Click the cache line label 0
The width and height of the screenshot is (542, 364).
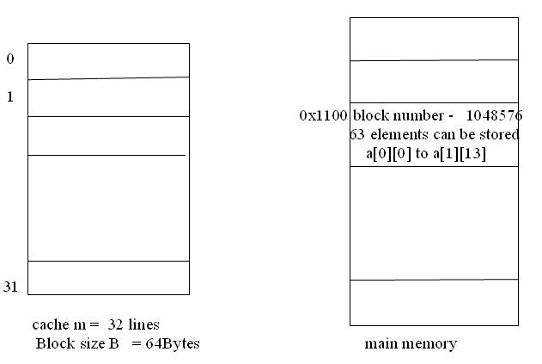tap(10, 59)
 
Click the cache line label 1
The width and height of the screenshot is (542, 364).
tap(10, 97)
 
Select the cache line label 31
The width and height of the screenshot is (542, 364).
tap(10, 287)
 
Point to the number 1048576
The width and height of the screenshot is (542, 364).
tap(492, 115)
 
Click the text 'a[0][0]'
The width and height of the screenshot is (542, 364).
tap(386, 153)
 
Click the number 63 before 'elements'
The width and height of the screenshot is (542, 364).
tap(357, 134)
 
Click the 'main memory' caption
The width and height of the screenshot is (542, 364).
tap(411, 344)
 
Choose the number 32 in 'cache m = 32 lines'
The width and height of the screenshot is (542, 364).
tap(118, 324)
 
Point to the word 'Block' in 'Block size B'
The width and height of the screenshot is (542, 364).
tap(52, 343)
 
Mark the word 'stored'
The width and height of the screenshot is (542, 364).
tap(500, 134)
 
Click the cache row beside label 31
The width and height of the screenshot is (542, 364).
tap(108, 277)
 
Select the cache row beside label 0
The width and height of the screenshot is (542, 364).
tap(108, 61)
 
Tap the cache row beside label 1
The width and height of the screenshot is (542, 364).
tap(108, 97)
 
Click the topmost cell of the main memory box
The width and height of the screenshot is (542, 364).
tap(434, 39)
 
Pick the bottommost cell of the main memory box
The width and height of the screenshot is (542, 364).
tap(434, 302)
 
